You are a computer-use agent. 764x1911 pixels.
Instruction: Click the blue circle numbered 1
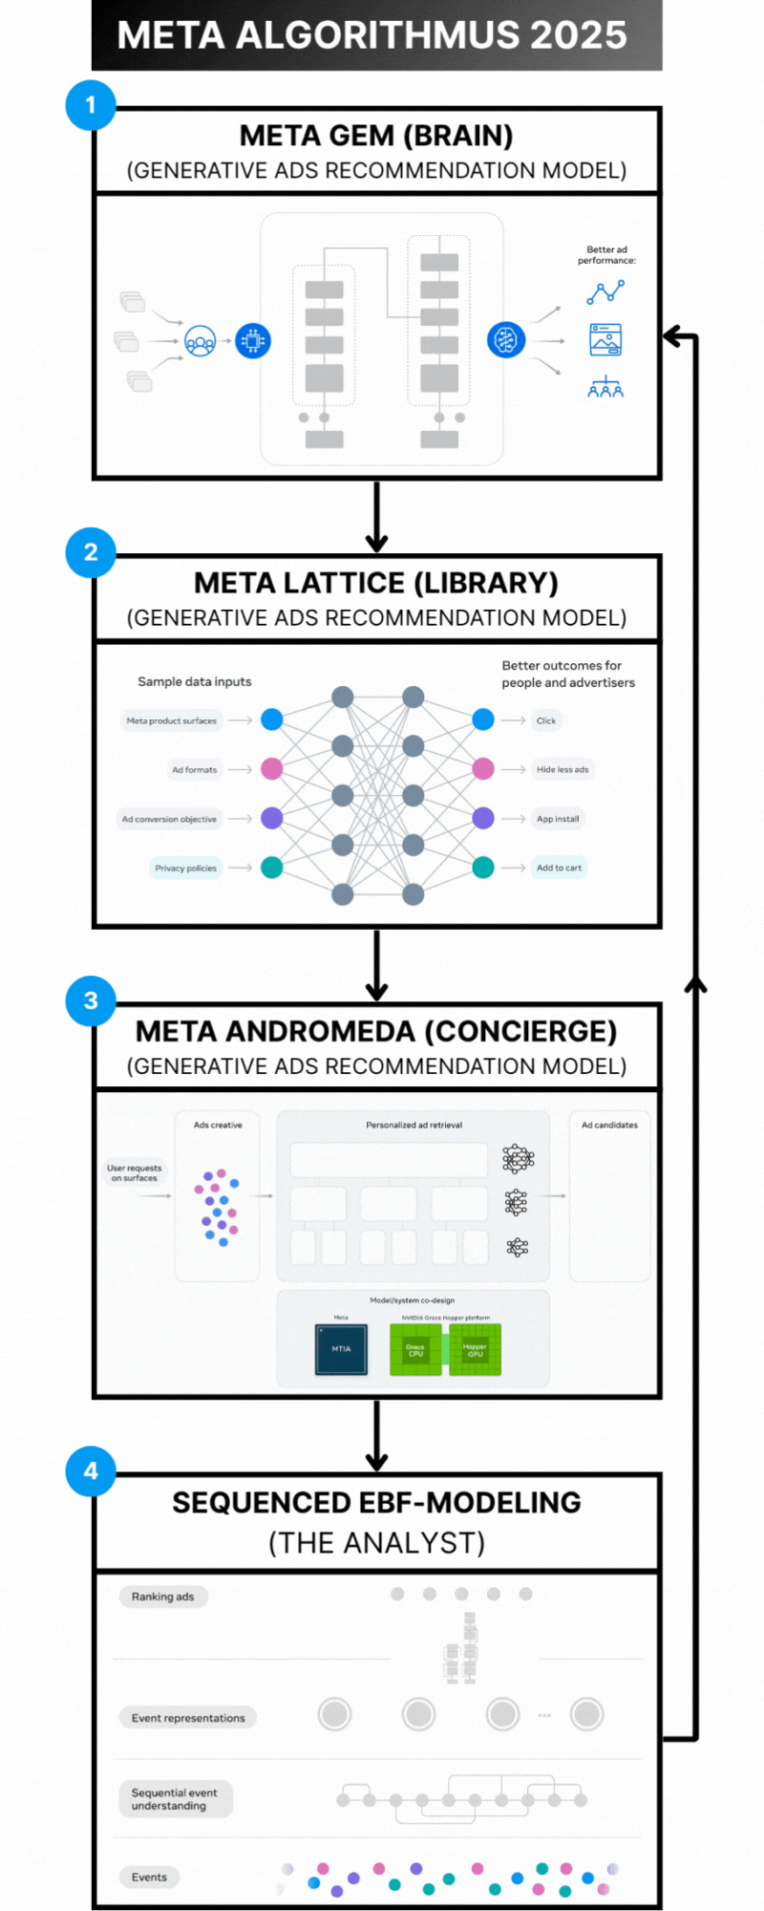91,105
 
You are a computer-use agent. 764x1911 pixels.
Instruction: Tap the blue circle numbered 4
91,1471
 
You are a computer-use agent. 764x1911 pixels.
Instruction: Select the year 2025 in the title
579,35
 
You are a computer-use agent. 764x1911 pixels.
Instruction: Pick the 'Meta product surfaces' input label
172,721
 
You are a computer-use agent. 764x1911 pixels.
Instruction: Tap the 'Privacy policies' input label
186,869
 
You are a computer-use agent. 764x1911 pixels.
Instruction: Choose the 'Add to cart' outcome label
559,869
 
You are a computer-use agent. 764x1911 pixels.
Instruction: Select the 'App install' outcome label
558,819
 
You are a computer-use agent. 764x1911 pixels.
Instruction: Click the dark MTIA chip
341,1349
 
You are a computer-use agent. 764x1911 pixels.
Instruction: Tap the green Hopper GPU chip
475,1350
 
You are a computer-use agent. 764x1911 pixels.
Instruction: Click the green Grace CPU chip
415,1350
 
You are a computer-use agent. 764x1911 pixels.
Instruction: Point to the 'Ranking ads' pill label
162,1597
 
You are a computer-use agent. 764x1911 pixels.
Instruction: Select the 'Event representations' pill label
188,1718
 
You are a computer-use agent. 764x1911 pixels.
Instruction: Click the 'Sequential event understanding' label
175,1799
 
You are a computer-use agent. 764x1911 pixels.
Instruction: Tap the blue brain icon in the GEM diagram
506,340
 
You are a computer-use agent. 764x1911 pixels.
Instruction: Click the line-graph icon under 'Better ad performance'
605,292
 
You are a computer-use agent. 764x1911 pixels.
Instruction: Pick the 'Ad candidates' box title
609,1126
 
